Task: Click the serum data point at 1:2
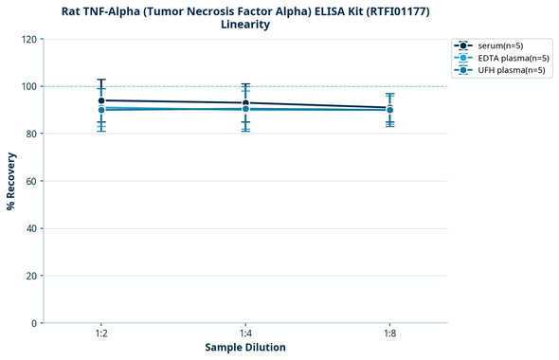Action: [101, 100]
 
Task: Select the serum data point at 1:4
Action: [245, 103]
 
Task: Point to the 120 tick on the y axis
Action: [29, 40]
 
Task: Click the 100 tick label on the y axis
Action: [29, 87]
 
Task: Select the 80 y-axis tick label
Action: [32, 135]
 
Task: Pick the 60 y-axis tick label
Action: [32, 181]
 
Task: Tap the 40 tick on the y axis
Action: [32, 228]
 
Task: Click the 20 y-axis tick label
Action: [32, 276]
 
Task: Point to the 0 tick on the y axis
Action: [35, 323]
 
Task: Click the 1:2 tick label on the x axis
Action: [101, 334]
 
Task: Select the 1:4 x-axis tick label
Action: [245, 334]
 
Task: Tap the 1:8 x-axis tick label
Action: [389, 334]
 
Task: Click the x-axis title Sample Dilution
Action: [245, 348]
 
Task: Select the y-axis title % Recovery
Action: [11, 181]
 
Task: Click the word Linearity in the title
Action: [245, 25]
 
